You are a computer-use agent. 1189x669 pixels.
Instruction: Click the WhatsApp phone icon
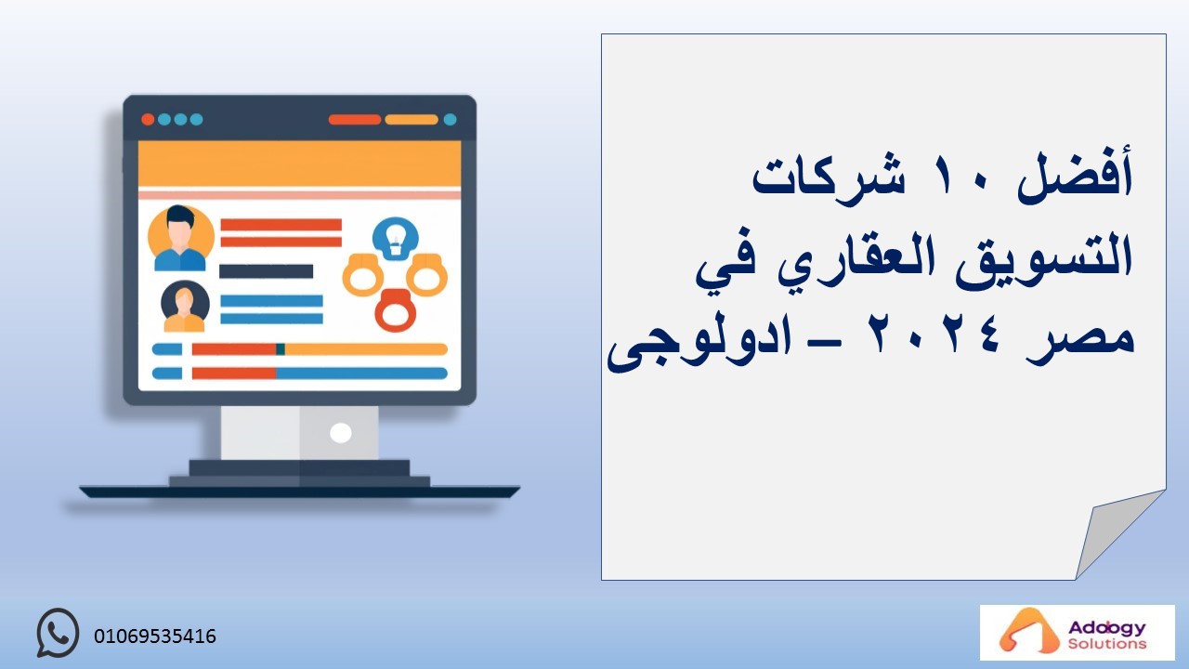tap(58, 633)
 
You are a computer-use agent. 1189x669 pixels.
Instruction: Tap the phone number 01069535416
tap(155, 636)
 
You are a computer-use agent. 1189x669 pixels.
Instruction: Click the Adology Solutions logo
tap(1077, 632)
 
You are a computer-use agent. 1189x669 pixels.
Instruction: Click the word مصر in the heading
tap(1080, 341)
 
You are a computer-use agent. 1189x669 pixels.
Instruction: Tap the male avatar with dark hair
tap(180, 239)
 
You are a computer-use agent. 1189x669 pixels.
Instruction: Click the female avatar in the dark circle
tap(185, 306)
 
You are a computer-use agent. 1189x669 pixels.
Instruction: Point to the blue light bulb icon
tap(396, 239)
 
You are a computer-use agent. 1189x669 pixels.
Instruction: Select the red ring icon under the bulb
tap(396, 310)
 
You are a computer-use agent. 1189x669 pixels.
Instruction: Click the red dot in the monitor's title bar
tap(148, 120)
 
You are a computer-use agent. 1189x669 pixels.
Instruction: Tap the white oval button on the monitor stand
tap(340, 433)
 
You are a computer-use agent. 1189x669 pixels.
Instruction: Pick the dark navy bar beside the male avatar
tap(266, 271)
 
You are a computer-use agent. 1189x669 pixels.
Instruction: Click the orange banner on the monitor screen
tap(299, 164)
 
